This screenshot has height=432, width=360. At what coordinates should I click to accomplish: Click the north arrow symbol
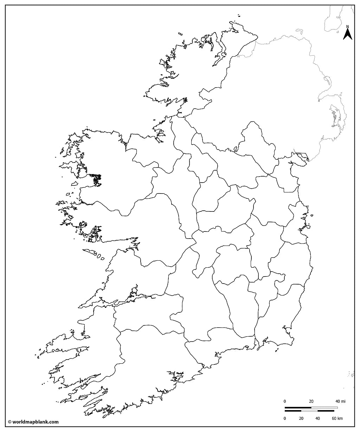point(347,34)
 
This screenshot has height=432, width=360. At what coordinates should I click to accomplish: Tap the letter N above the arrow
point(347,27)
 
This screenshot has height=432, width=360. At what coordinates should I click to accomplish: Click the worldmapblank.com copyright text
point(33,422)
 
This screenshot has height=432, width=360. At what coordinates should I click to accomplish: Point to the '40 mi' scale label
point(340,401)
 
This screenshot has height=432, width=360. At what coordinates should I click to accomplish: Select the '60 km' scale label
point(337,418)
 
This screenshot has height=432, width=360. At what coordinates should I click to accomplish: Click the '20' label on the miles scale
point(311,401)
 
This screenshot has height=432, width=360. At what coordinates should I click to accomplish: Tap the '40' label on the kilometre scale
point(317,418)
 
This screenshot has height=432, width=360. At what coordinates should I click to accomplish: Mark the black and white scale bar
point(311,409)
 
